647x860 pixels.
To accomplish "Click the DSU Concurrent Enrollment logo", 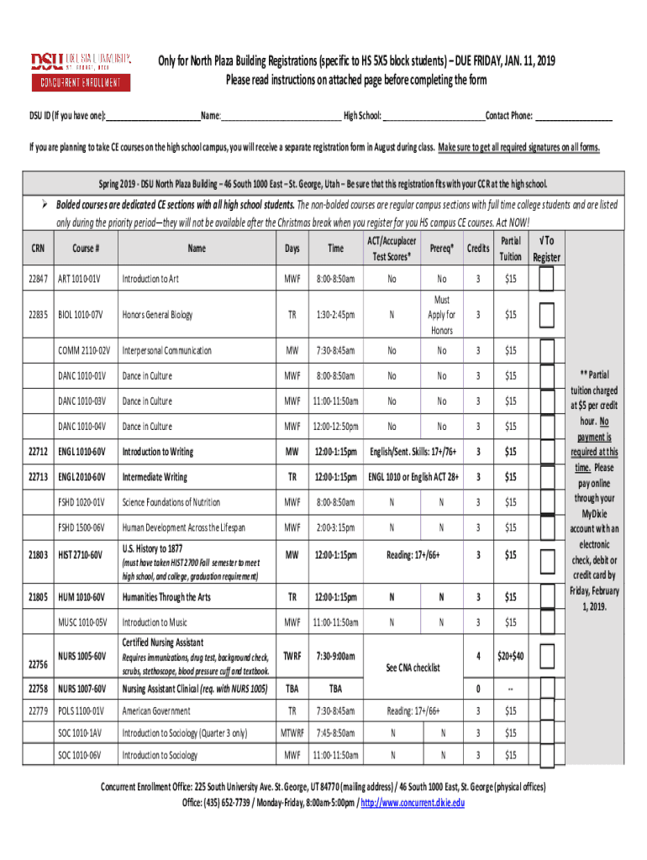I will [82, 71].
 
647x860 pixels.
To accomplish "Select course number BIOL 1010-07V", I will [80, 315].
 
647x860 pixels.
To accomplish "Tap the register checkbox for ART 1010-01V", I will [546, 280].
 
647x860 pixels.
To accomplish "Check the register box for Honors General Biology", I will [546, 315].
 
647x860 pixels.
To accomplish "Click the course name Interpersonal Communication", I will [164, 350].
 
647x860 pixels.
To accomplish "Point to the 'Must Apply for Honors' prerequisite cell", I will [442, 315].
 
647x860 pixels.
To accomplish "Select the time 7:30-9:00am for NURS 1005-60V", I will [335, 656].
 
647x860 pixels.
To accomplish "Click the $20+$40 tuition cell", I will [510, 656].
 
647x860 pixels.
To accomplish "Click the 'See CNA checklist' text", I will [413, 668].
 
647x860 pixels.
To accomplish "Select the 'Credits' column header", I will [478, 249].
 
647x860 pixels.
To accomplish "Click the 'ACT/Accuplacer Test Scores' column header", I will [392, 249].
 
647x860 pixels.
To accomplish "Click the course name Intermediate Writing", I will [155, 477].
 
